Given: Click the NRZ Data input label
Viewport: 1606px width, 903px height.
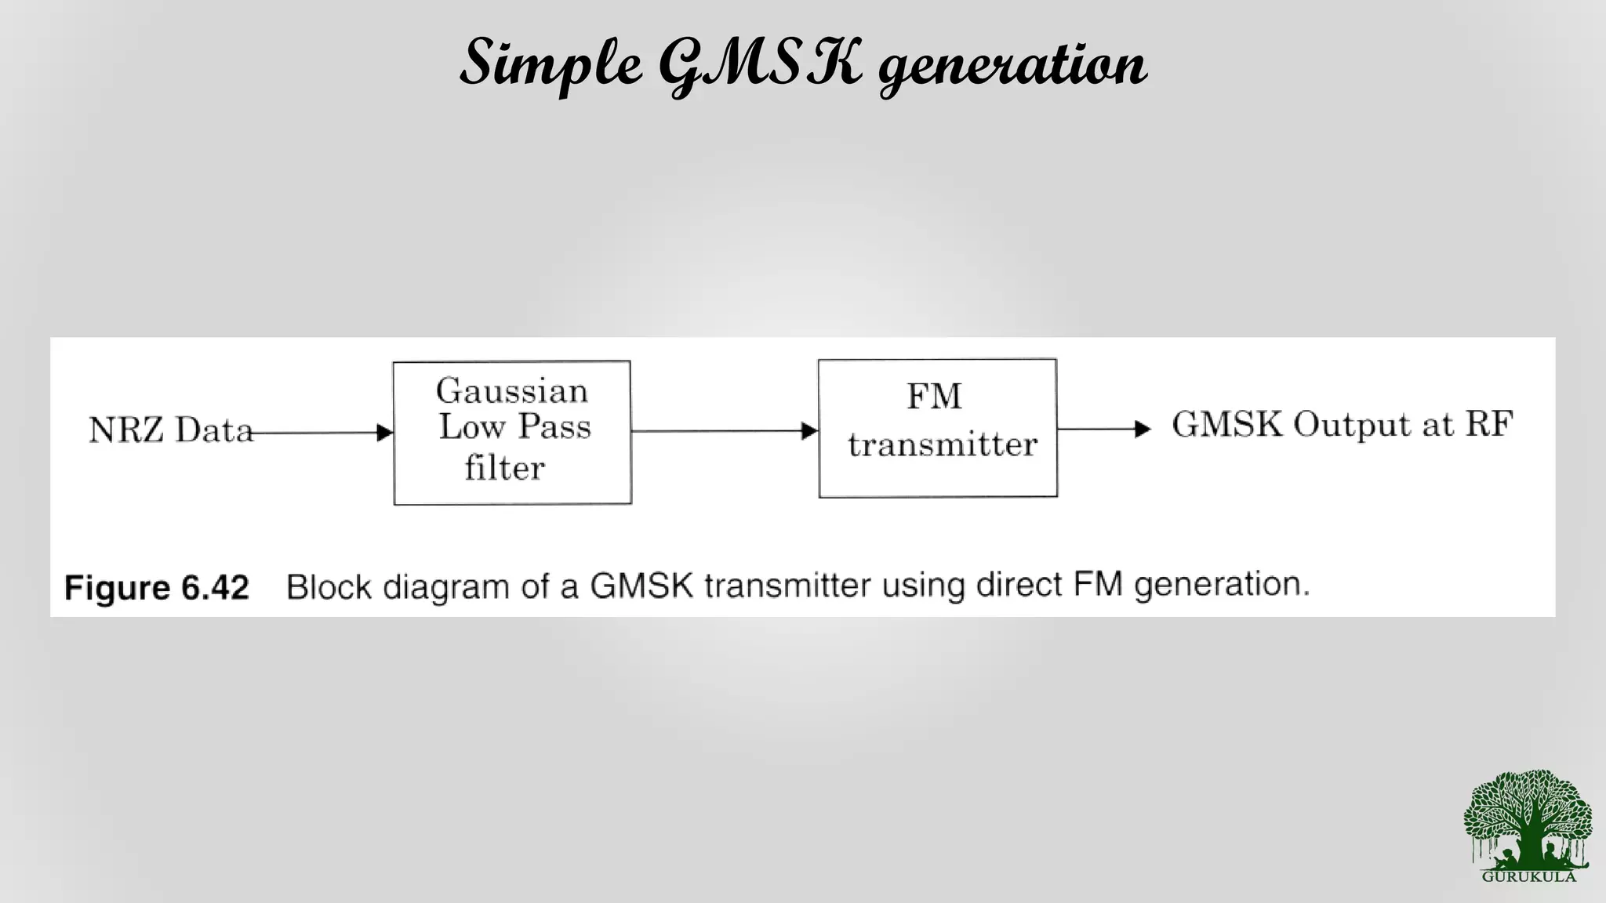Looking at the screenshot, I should (x=171, y=430).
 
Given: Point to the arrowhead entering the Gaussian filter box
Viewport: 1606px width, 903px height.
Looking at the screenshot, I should (x=384, y=432).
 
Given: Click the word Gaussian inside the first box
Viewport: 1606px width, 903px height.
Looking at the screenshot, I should (x=512, y=390).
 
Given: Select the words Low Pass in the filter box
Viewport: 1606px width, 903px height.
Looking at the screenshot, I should (x=514, y=427).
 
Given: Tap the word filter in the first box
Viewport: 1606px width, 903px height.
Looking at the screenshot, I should (x=504, y=468).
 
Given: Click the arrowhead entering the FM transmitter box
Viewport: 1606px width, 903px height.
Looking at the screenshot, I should (x=809, y=430).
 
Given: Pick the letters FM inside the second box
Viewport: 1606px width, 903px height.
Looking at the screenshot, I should (x=934, y=396).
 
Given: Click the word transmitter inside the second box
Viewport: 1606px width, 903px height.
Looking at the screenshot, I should (x=943, y=444).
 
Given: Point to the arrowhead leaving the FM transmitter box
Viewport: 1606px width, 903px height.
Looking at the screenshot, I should (x=1143, y=429).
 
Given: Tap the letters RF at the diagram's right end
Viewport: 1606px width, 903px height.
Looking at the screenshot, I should (x=1489, y=424).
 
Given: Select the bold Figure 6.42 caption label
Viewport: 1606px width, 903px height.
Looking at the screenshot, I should (x=157, y=587).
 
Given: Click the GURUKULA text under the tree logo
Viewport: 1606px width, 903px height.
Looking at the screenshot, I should (x=1528, y=876).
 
